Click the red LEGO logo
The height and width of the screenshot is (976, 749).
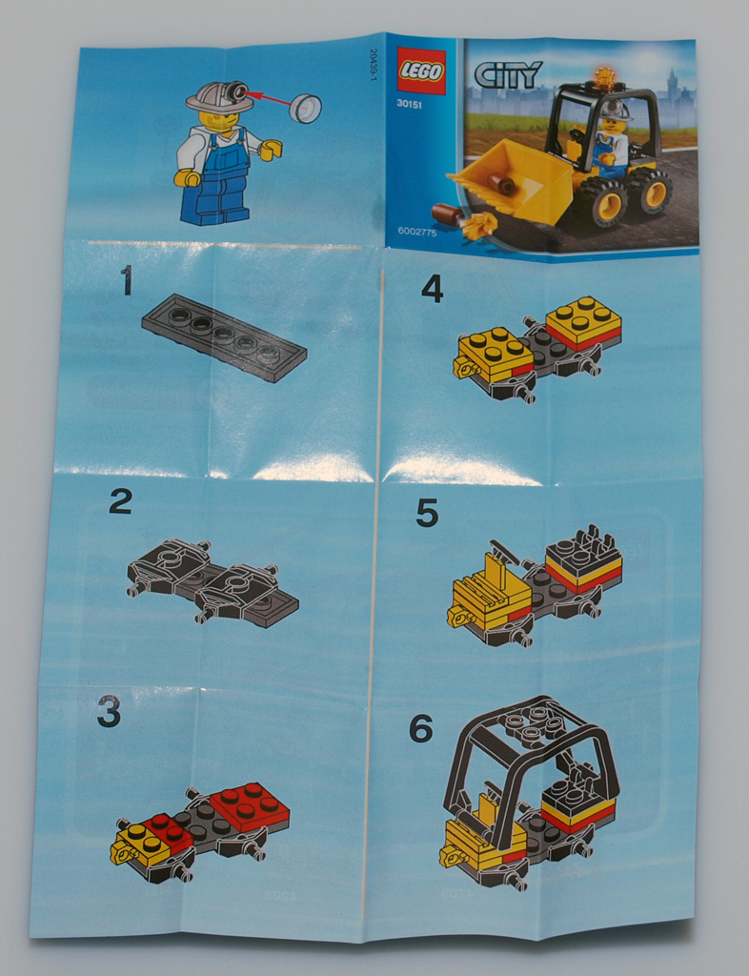(x=421, y=71)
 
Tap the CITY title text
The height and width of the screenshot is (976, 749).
(x=508, y=74)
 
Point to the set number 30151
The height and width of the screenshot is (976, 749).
(x=410, y=105)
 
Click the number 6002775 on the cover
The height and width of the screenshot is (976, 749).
(x=417, y=233)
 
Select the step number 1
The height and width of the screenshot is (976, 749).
(x=127, y=279)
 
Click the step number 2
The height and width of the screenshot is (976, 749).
(x=121, y=500)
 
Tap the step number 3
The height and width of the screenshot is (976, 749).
(x=109, y=711)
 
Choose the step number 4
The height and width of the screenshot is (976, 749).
(x=433, y=289)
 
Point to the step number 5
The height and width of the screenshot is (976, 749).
(x=427, y=513)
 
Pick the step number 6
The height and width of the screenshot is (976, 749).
(x=421, y=727)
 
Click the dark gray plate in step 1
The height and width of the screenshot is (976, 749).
(x=224, y=336)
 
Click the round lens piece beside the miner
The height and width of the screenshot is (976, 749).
(x=306, y=109)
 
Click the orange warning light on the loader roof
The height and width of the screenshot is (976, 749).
(x=603, y=78)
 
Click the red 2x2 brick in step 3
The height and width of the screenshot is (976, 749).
(x=250, y=806)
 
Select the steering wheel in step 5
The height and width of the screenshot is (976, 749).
(x=503, y=552)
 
